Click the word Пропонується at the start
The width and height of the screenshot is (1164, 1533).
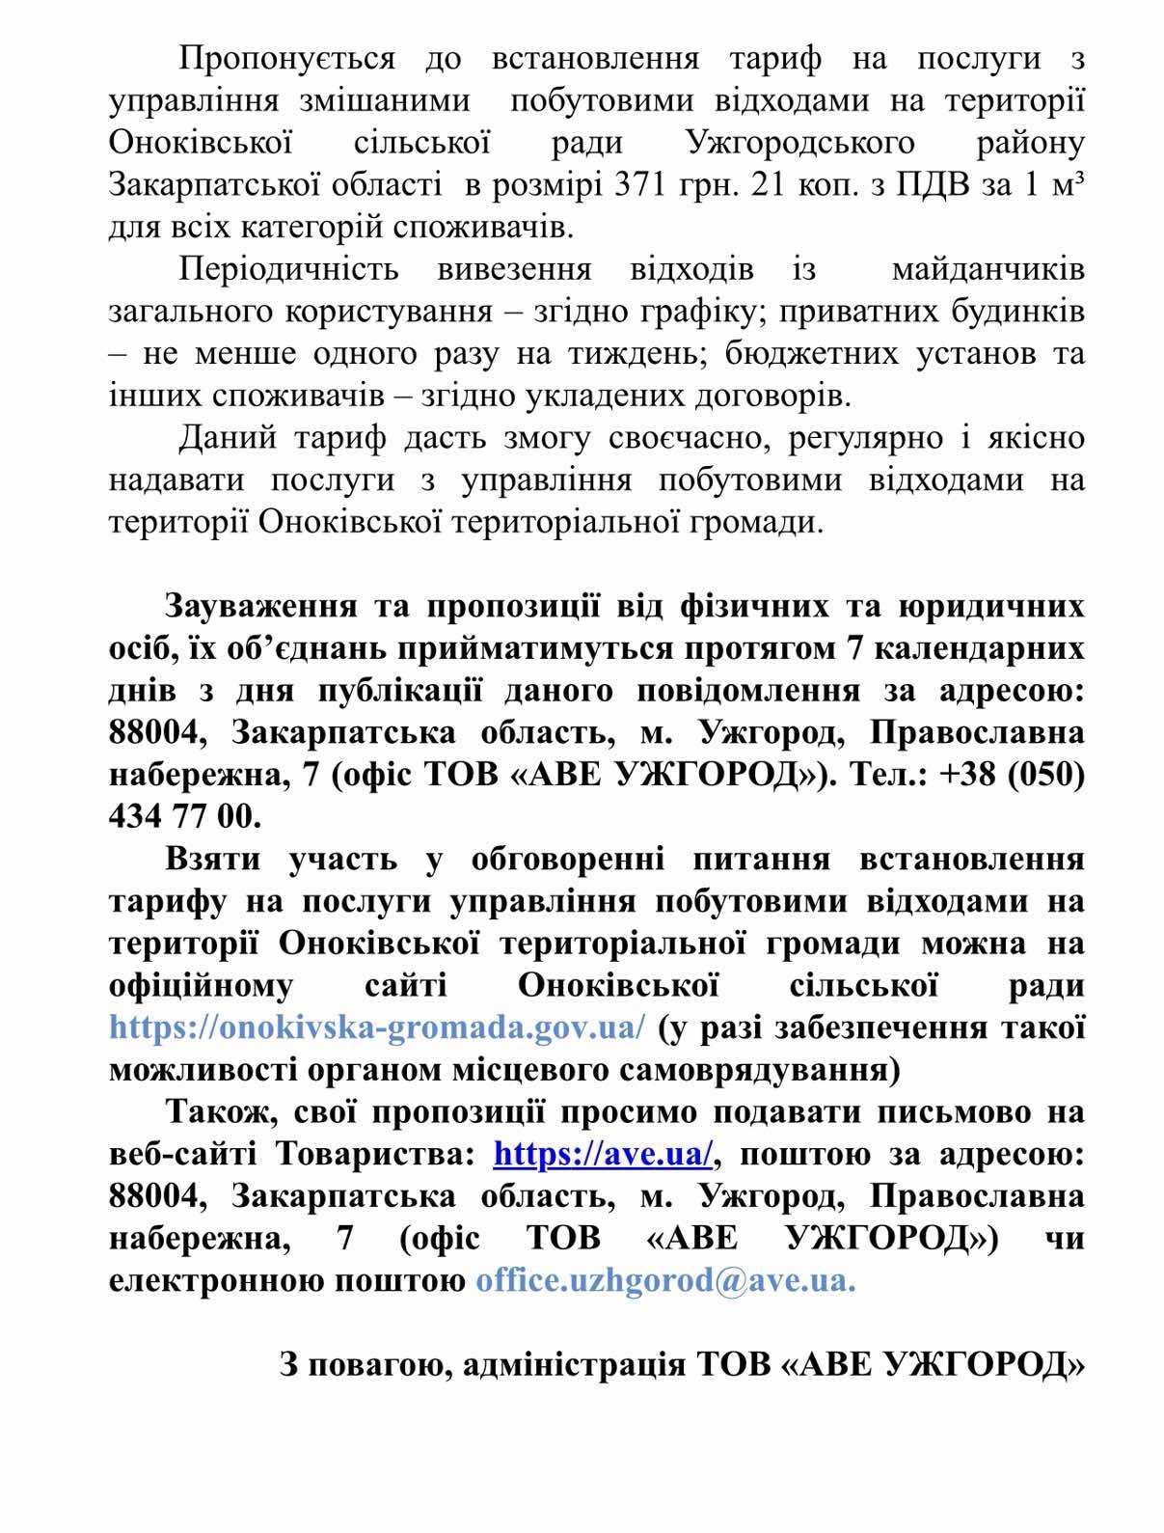[x=287, y=60]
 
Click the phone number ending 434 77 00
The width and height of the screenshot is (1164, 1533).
[x=185, y=816]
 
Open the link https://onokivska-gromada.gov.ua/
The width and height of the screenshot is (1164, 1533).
[x=377, y=1027]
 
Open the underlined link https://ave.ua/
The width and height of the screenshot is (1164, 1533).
[x=604, y=1154]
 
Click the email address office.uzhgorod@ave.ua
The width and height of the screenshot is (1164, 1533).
[x=665, y=1280]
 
